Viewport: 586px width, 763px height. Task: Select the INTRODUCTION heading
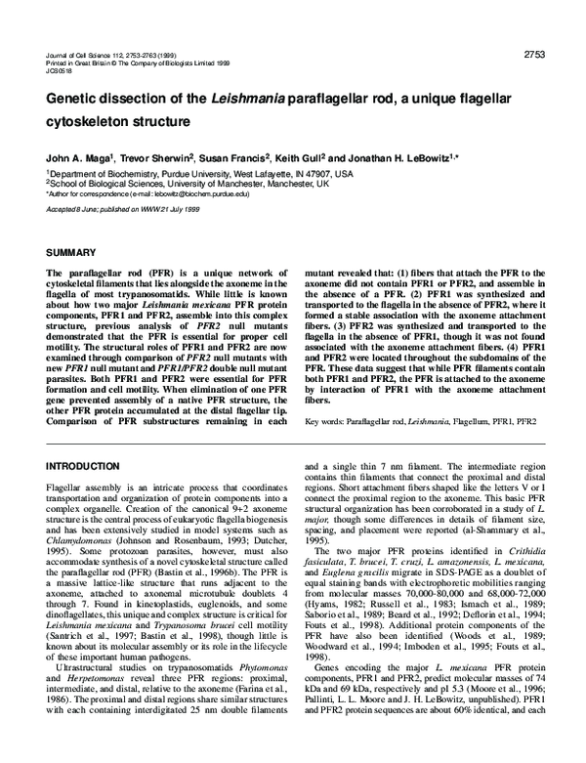85,466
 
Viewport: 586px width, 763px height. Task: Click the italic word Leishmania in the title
245,100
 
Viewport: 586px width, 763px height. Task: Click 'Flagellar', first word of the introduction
67,487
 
